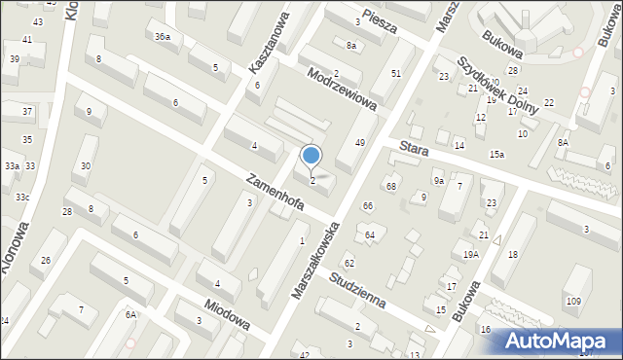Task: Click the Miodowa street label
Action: [223, 312]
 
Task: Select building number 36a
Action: [163, 36]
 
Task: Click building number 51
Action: [395, 73]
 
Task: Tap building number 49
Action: [359, 143]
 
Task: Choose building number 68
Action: [391, 186]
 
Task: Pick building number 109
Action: [572, 300]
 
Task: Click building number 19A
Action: [471, 254]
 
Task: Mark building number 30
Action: [86, 166]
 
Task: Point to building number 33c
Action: [21, 198]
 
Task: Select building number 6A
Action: [130, 314]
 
